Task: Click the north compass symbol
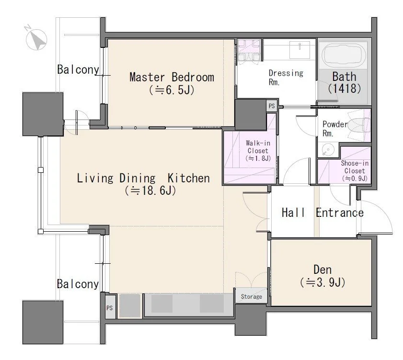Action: click(x=36, y=39)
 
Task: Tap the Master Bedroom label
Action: click(x=172, y=77)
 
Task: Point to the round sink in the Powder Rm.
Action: click(x=328, y=150)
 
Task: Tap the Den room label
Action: click(x=322, y=270)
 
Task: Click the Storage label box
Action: click(x=251, y=296)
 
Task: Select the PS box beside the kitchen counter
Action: click(x=110, y=308)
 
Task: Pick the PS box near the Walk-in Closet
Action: click(x=272, y=106)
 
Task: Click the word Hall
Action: click(x=293, y=213)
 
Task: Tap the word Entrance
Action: click(x=340, y=213)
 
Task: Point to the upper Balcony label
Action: click(x=78, y=69)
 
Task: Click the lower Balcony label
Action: click(x=78, y=284)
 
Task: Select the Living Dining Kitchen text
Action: click(x=143, y=178)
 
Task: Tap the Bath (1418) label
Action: click(x=345, y=82)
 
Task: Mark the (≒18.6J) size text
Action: click(x=150, y=191)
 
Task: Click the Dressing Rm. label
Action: click(x=286, y=77)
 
